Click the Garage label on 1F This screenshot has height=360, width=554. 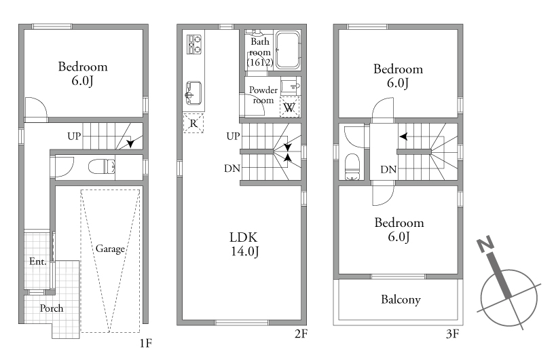pyautogui.click(x=110, y=249)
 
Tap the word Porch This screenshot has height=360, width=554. pyautogui.click(x=52, y=308)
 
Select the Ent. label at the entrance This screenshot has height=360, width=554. pyautogui.click(x=38, y=262)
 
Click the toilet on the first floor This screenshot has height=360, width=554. pyautogui.click(x=102, y=166)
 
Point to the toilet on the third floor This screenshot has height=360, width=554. pyautogui.click(x=352, y=166)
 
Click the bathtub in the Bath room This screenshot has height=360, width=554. pyautogui.click(x=288, y=50)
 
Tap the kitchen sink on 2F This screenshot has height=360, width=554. pyautogui.click(x=193, y=93)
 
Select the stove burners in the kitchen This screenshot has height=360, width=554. pyautogui.click(x=194, y=44)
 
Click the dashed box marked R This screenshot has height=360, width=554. pyautogui.click(x=193, y=123)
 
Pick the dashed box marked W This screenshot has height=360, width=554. pyautogui.click(x=289, y=107)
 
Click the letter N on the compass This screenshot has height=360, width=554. pyautogui.click(x=485, y=244)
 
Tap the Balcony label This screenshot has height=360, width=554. pyautogui.click(x=401, y=300)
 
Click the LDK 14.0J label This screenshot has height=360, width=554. pyautogui.click(x=244, y=244)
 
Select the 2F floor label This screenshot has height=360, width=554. pyautogui.click(x=301, y=334)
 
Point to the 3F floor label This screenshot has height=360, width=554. pyautogui.click(x=453, y=334)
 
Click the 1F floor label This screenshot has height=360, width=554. pyautogui.click(x=145, y=342)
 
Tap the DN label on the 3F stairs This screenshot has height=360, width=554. pyautogui.click(x=388, y=170)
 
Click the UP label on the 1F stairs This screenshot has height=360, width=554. pyautogui.click(x=74, y=136)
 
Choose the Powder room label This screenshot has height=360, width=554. pyautogui.click(x=263, y=95)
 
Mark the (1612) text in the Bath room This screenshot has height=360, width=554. pyautogui.click(x=260, y=62)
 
